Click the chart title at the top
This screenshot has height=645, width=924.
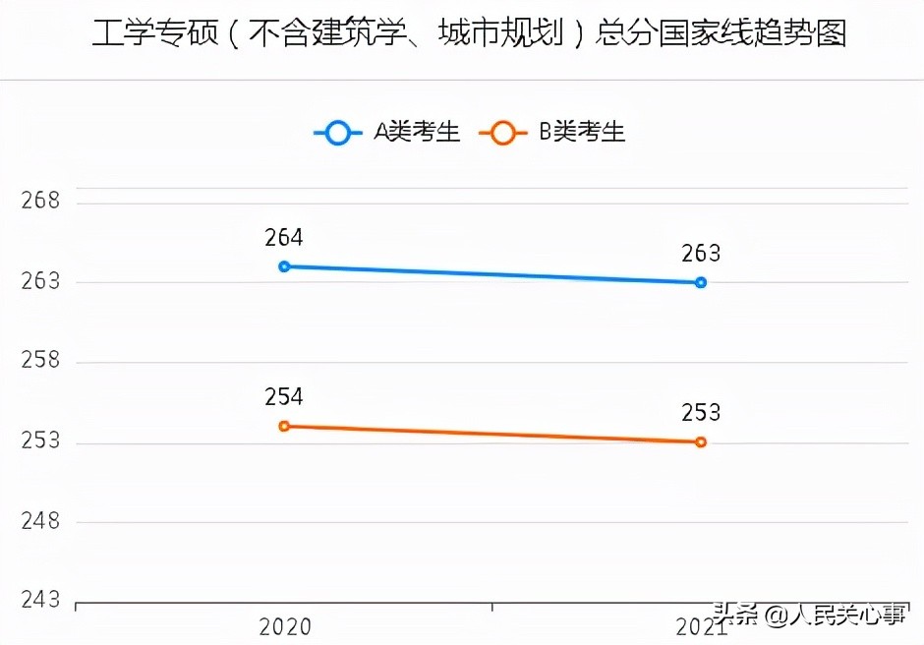tap(469, 34)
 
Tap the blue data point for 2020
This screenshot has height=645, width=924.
tap(284, 266)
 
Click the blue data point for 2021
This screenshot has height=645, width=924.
tap(701, 282)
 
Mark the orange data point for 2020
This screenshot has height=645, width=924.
tap(284, 426)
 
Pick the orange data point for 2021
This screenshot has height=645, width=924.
tap(701, 442)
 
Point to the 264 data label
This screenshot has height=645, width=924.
tap(284, 238)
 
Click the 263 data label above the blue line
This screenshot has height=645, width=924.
tap(701, 254)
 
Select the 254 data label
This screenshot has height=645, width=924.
tap(284, 397)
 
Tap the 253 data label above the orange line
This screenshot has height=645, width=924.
tap(701, 413)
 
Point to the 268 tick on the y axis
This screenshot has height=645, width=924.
tap(40, 202)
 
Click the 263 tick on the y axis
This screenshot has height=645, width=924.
tap(40, 281)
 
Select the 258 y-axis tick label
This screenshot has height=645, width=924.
tap(40, 361)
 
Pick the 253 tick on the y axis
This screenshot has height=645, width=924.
tap(40, 441)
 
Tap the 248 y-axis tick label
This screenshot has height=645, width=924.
tap(40, 521)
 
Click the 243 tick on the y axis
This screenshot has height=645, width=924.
tap(40, 600)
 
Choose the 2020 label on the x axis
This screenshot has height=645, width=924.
tap(284, 627)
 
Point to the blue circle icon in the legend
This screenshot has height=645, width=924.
tap(338, 133)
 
